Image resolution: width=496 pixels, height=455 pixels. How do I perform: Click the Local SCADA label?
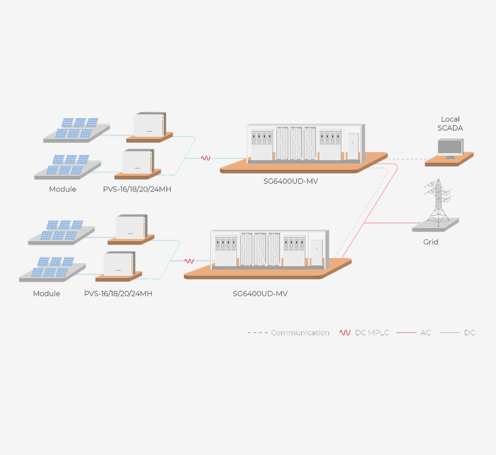tap(450, 124)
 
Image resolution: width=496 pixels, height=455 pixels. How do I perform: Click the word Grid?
tap(431, 242)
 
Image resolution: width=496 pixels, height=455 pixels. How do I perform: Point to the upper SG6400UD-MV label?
tap(291, 182)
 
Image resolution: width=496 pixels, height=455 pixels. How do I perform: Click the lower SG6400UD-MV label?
tap(260, 293)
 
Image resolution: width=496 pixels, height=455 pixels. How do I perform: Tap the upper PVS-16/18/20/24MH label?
tap(137, 189)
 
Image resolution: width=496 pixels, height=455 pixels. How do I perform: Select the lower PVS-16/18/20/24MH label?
tap(118, 293)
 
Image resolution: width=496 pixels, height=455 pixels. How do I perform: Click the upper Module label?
tap(63, 189)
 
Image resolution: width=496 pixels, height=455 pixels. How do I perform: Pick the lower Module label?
tap(46, 293)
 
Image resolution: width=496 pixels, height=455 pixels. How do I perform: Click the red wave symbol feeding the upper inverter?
tap(206, 158)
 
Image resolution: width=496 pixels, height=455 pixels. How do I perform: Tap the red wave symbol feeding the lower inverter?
tap(189, 261)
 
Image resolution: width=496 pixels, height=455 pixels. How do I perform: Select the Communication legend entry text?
tap(300, 333)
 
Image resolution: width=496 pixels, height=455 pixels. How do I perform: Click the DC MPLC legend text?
tap(372, 333)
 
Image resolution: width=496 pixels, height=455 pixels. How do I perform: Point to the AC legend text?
tap(426, 333)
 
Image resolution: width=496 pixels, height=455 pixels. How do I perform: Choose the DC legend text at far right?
tap(470, 333)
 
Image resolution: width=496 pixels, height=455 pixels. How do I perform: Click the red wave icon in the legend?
tap(345, 333)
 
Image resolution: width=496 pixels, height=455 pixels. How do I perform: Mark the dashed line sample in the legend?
tap(257, 333)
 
